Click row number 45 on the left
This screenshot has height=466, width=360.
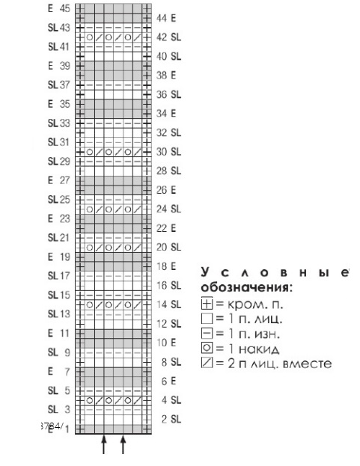coord(64,8)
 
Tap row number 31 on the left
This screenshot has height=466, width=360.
coord(64,142)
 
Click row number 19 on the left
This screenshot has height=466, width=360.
coord(64,257)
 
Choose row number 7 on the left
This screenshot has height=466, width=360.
coord(66,371)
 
